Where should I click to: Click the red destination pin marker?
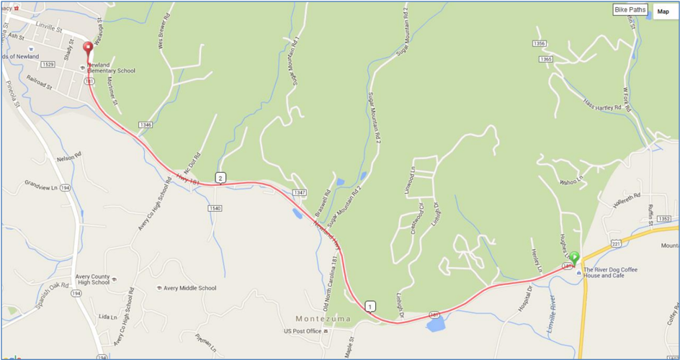click(89, 50)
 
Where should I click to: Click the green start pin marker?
click(575, 257)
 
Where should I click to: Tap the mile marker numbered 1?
click(370, 306)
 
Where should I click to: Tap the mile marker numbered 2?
click(220, 177)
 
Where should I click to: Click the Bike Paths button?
click(630, 10)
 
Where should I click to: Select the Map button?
click(663, 11)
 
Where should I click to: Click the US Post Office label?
click(301, 331)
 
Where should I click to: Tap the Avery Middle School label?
click(189, 289)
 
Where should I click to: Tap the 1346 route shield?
click(146, 125)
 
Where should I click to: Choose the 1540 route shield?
click(215, 208)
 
